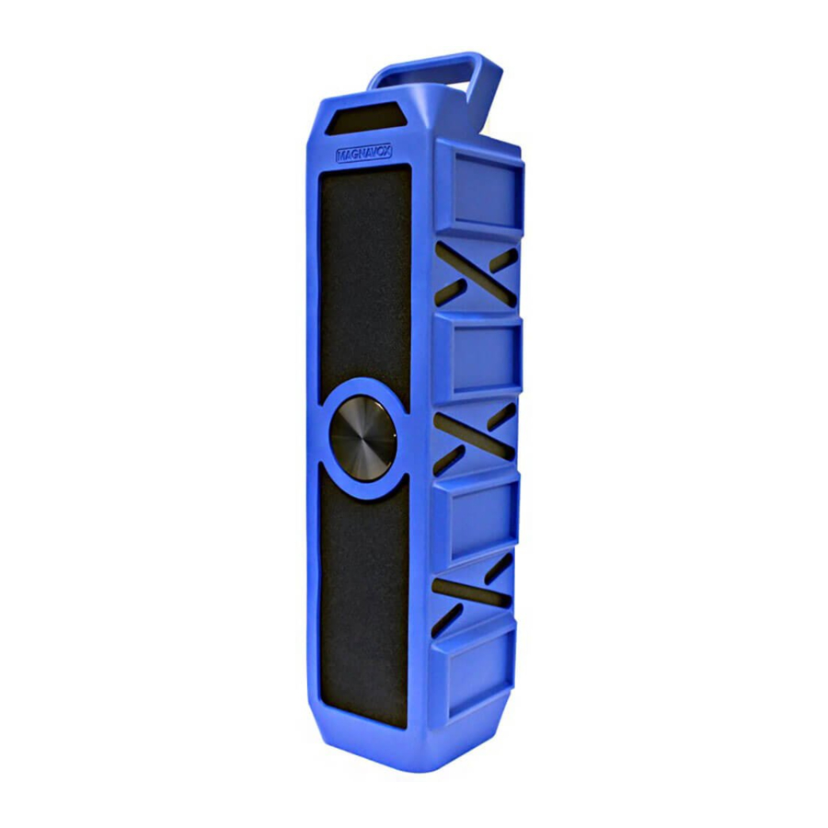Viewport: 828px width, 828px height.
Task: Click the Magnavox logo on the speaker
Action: coord(363,155)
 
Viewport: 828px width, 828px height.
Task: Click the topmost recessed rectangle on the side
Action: coord(483,194)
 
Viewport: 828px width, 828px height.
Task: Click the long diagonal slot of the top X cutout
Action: coord(477,273)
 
